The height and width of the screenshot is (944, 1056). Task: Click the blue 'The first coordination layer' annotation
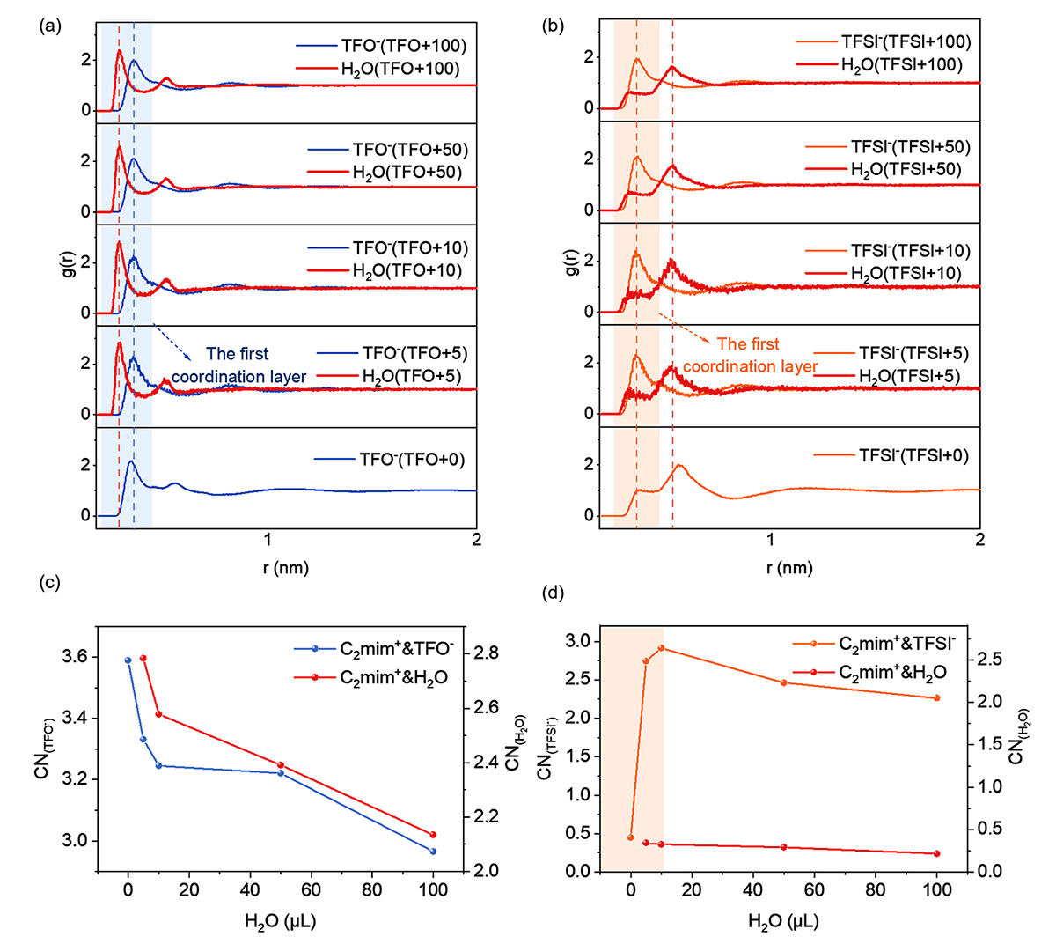point(238,365)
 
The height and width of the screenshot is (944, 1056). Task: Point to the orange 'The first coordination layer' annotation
point(750,356)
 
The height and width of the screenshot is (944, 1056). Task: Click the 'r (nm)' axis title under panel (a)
point(286,567)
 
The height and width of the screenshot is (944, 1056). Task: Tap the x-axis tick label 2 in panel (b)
point(979,539)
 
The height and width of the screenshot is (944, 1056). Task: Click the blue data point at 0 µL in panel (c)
point(128,660)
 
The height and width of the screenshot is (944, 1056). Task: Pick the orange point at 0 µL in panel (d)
point(631,837)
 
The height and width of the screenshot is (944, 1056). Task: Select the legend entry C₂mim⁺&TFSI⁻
point(896,644)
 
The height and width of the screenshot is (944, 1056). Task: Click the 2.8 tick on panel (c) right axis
point(486,653)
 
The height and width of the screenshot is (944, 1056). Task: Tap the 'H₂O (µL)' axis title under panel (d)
point(783,922)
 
